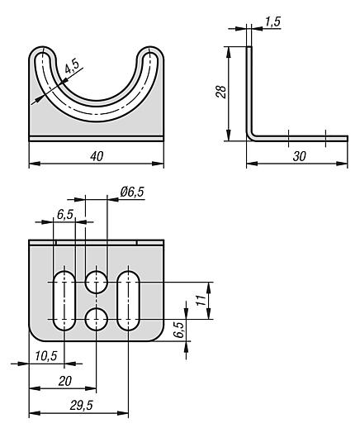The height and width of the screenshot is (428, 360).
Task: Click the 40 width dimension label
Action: [97, 156]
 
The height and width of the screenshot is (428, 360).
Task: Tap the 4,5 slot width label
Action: [72, 66]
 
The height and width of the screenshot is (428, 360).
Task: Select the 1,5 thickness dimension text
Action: [272, 21]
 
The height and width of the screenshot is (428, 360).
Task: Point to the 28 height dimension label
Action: [221, 92]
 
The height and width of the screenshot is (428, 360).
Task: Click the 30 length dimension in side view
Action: [299, 156]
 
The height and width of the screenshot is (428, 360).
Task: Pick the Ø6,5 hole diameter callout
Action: [132, 192]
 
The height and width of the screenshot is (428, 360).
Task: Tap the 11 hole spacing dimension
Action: [201, 300]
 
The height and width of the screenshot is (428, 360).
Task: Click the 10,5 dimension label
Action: [46, 356]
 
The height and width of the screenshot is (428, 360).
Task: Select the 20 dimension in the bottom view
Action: [65, 381]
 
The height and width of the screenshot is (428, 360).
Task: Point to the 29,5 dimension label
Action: [82, 406]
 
